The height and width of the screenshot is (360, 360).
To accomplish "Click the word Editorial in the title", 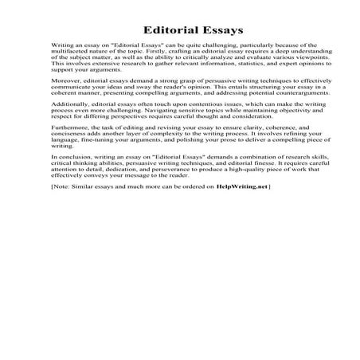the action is pos(154,30).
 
